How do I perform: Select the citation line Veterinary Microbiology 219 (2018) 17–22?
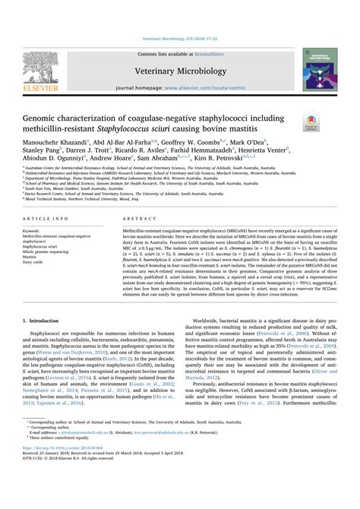pyautogui.click(x=179, y=38)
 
